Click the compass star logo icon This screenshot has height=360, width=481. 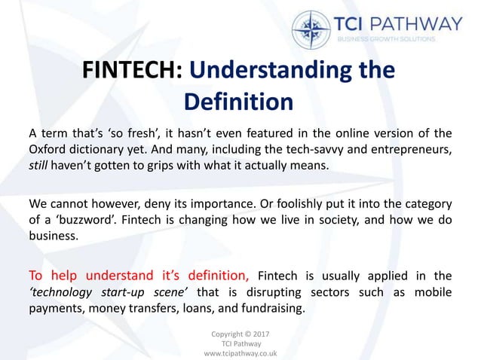pyautogui.click(x=311, y=29)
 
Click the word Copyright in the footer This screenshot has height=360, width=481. pyautogui.click(x=225, y=334)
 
